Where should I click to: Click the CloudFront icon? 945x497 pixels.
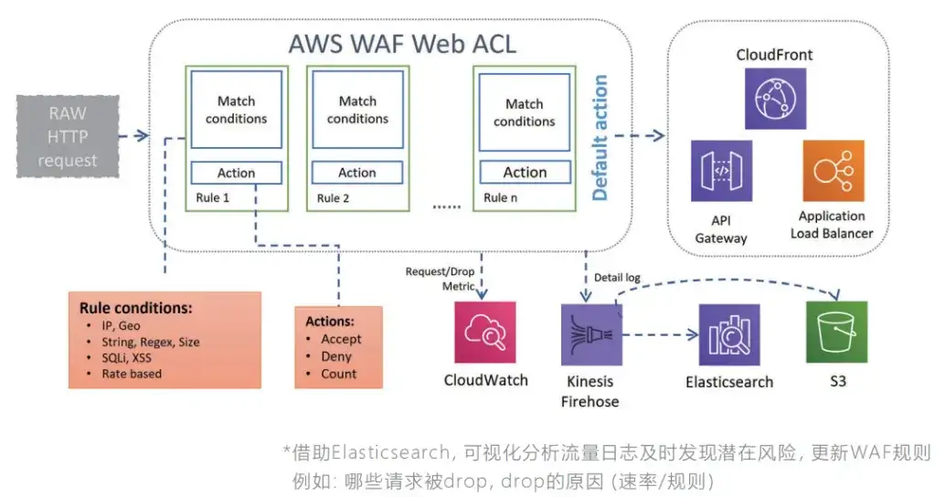point(775,99)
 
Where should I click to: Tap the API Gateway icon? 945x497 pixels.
point(721,171)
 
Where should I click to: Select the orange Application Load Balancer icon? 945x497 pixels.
point(834,171)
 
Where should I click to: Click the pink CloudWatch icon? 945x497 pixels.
point(485,333)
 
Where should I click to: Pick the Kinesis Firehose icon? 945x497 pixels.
point(591,335)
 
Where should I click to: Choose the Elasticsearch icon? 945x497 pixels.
point(729,335)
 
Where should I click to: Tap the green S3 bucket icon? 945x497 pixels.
point(836,332)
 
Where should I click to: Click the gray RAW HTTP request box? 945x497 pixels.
point(68,137)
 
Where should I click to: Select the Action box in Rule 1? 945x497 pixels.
point(236,173)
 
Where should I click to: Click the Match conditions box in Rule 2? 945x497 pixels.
point(358,110)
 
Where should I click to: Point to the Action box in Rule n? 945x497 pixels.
point(525,173)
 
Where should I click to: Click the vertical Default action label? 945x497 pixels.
point(600,137)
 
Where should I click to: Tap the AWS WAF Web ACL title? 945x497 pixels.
point(403,44)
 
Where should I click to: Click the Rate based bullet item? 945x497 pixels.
point(132,374)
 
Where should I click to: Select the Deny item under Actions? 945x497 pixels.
point(336,356)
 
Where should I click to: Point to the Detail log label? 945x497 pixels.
point(617,278)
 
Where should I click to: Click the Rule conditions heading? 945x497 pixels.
point(135,308)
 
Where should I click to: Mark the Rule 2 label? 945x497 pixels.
point(334,198)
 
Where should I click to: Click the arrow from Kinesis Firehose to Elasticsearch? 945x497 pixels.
point(661,335)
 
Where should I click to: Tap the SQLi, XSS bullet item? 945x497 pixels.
point(126,358)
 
